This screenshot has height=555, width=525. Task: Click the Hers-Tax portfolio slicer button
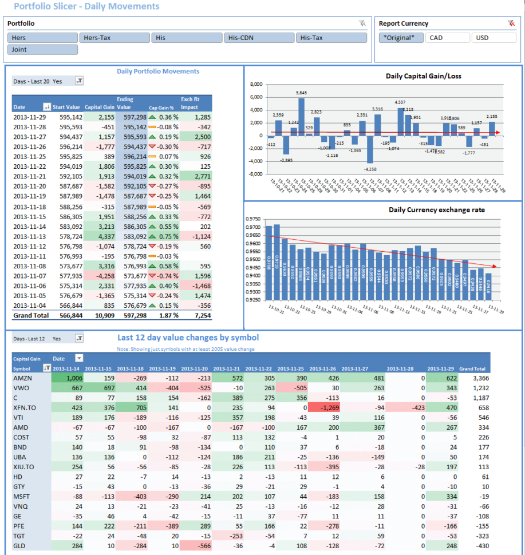tap(114, 38)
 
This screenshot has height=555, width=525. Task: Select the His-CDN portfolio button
tap(259, 38)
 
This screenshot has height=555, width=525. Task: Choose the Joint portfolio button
tap(43, 50)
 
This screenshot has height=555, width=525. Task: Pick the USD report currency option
tap(494, 38)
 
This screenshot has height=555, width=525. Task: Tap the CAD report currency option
tap(448, 38)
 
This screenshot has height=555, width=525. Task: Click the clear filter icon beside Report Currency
tap(511, 23)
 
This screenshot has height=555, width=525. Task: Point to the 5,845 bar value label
tap(301, 93)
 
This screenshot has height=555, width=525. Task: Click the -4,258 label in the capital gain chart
tap(370, 169)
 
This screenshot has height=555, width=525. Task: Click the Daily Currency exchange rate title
tap(437, 210)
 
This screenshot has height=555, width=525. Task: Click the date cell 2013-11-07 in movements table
tap(29, 275)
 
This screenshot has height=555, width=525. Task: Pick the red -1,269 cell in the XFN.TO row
tap(323, 408)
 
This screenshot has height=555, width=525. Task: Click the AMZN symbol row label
tap(22, 378)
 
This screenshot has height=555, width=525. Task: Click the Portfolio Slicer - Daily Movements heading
tap(86, 7)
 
